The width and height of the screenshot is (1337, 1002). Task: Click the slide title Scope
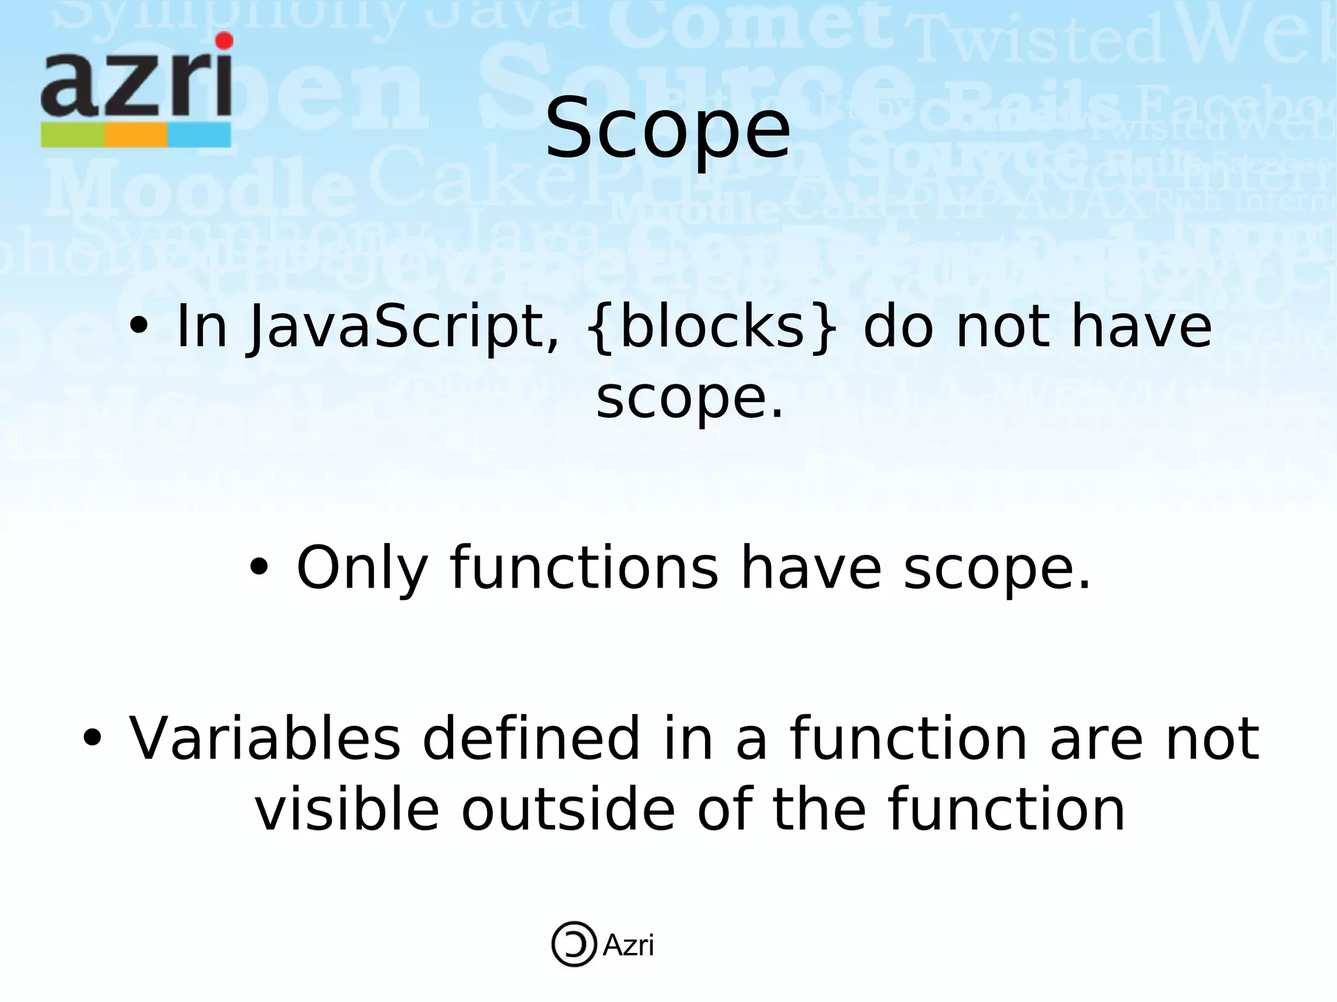pyautogui.click(x=667, y=129)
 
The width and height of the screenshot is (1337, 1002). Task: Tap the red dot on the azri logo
pyautogui.click(x=224, y=41)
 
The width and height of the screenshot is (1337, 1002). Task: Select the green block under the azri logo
pyautogui.click(x=72, y=135)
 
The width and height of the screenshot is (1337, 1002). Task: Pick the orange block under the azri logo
pyautogui.click(x=135, y=135)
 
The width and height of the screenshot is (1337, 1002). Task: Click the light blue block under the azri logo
pyautogui.click(x=199, y=135)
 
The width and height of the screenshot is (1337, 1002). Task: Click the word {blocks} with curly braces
pyautogui.click(x=712, y=328)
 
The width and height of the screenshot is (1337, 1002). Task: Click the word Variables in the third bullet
pyautogui.click(x=264, y=739)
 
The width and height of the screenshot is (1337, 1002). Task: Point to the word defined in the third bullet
pyautogui.click(x=531, y=739)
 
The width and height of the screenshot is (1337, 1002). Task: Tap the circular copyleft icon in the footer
pyautogui.click(x=574, y=944)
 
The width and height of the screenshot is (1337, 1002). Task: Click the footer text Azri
pyautogui.click(x=628, y=945)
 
